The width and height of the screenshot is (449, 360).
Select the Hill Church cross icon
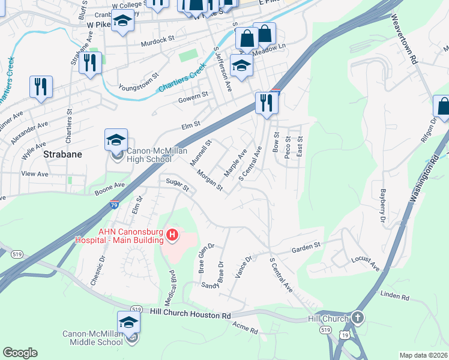point(358,318)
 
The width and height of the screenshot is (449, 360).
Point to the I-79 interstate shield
point(114,206)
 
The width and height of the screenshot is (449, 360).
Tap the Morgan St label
point(210,180)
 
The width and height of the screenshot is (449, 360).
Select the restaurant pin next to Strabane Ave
point(91,62)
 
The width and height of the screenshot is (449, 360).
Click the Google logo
point(20,353)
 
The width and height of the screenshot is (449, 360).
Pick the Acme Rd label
point(245,328)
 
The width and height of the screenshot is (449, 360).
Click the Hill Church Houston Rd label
point(190,313)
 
